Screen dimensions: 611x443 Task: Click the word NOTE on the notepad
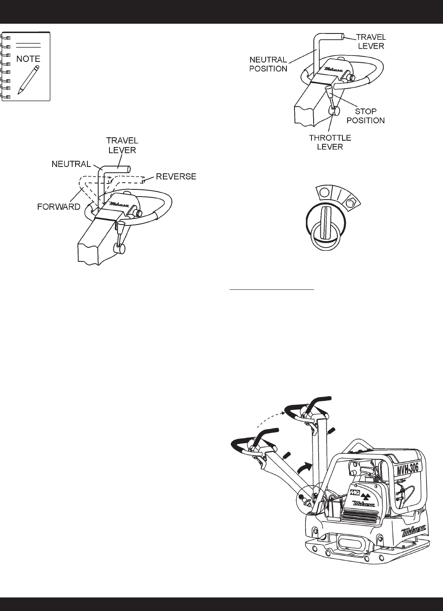[x=28, y=59]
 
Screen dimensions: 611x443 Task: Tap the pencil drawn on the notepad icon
[x=28, y=79]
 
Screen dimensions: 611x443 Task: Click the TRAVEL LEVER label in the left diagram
[x=122, y=145]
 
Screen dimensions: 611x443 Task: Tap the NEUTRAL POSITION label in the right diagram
[x=268, y=64]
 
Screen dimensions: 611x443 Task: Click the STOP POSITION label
[x=365, y=116]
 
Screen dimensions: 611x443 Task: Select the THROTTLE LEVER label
[x=330, y=142]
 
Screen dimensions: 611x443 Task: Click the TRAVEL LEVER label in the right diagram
[x=370, y=41]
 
